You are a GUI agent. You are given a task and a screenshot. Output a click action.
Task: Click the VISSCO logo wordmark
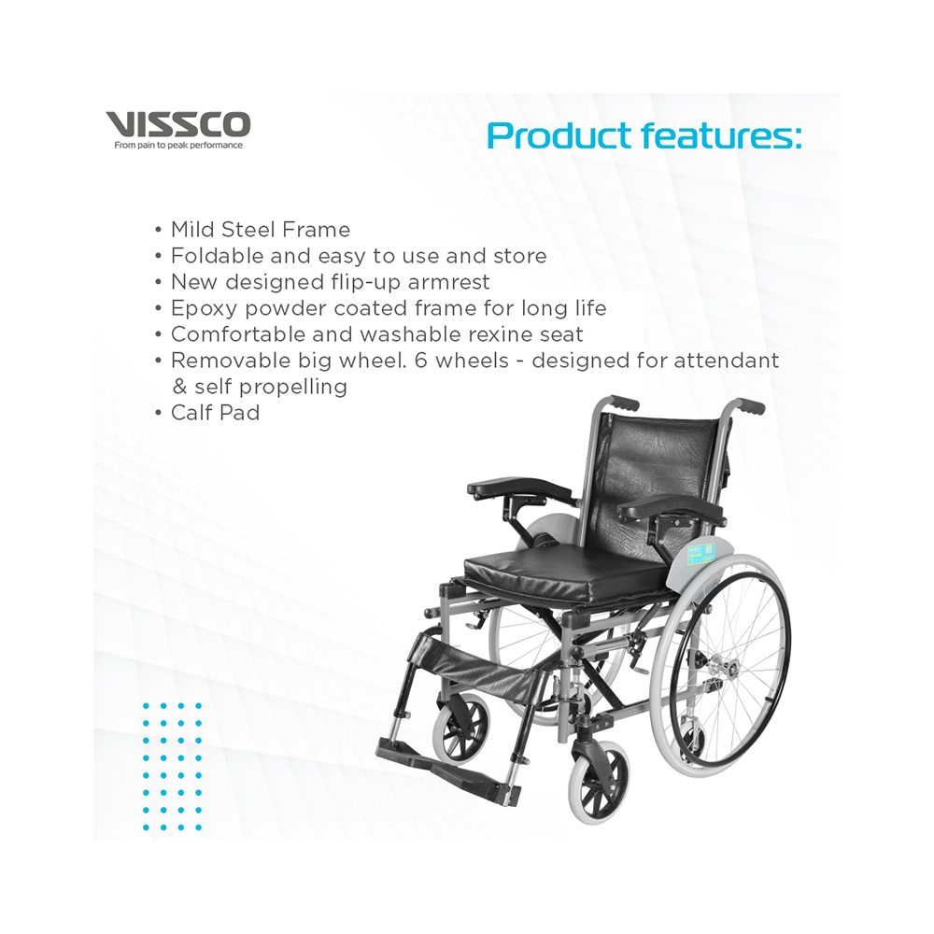[178, 124]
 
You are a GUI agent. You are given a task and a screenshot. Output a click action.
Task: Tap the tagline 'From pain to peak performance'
[178, 146]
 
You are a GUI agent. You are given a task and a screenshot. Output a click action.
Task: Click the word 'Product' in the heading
[559, 135]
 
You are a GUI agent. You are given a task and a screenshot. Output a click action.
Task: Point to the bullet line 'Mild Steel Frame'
[261, 230]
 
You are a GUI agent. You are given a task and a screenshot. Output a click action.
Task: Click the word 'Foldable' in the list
[217, 256]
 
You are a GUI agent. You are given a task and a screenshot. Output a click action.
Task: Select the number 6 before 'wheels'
[421, 361]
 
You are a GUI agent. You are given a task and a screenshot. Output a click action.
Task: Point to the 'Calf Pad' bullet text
[215, 413]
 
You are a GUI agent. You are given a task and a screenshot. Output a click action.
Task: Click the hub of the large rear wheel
[716, 663]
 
